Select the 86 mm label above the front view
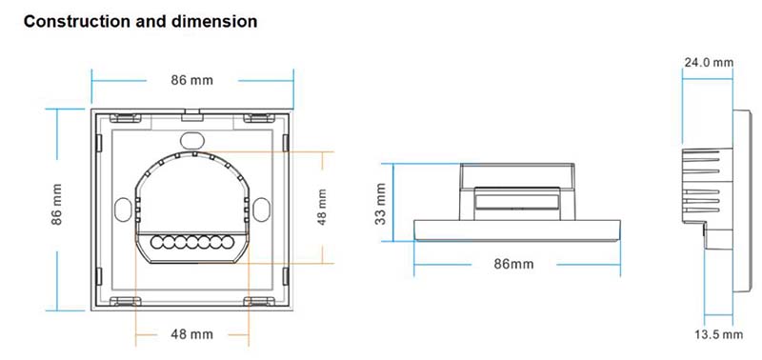coord(191,80)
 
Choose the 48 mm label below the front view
coord(191,334)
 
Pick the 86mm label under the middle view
coord(516,262)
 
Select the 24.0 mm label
coord(710,63)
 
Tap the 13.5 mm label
coord(718,334)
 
